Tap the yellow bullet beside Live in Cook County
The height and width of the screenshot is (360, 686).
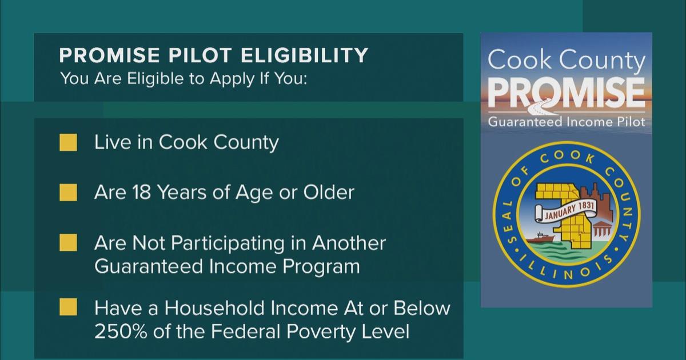pos(68,143)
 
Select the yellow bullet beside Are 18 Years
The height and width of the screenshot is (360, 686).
pos(68,193)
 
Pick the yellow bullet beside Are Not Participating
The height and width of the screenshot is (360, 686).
pos(68,243)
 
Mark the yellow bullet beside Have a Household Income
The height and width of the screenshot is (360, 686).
pos(68,309)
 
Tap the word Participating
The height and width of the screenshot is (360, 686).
pos(238,243)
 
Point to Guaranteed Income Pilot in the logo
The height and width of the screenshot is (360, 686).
pos(566,122)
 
